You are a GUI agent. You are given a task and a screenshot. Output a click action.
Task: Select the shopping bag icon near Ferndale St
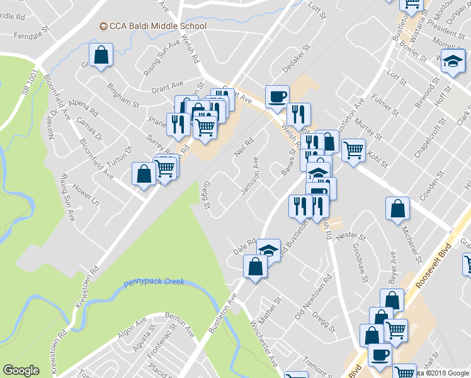(x=101, y=55)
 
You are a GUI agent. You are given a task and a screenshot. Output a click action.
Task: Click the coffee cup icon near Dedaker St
(x=277, y=97)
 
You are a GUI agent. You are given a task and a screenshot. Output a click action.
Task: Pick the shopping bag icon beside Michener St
(x=397, y=210)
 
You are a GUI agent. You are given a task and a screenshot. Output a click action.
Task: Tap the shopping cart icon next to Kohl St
(x=354, y=151)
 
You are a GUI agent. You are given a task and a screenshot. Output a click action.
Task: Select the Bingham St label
(x=123, y=94)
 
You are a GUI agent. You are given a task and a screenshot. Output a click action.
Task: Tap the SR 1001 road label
(x=30, y=83)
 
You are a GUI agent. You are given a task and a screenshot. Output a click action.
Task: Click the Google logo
(x=21, y=370)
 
